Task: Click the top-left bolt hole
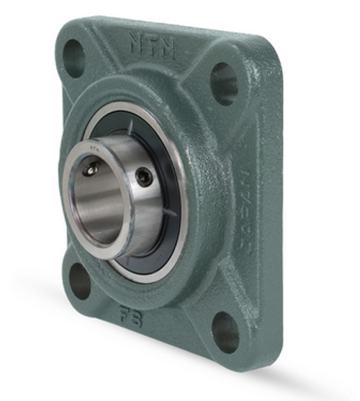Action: click(73, 58)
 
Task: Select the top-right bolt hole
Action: click(224, 83)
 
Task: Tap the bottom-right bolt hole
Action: click(225, 330)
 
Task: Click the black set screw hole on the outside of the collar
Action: click(145, 176)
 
